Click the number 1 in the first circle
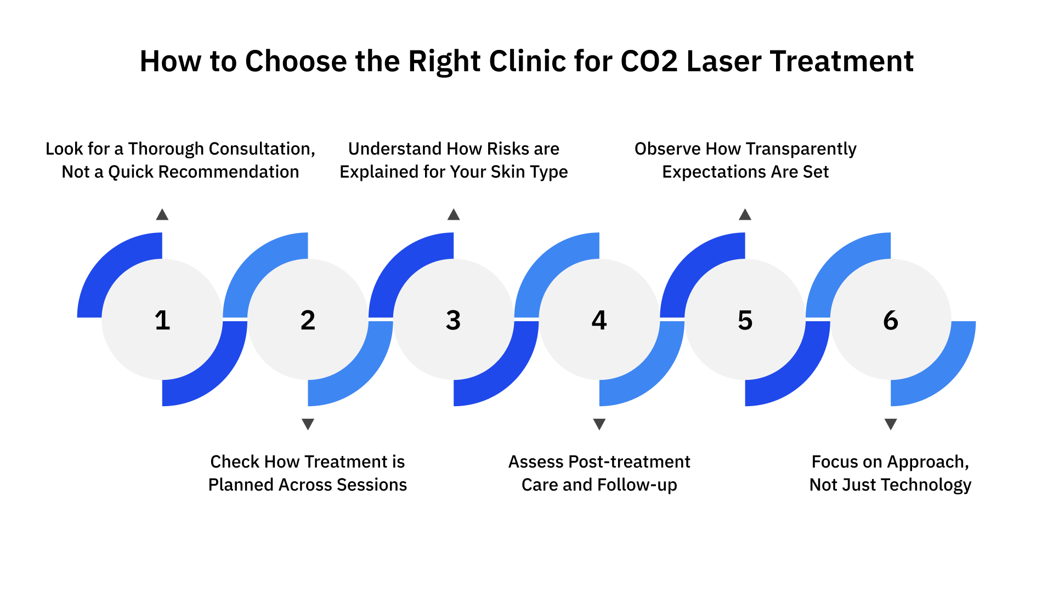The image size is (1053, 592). (162, 320)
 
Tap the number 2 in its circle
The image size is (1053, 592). (308, 320)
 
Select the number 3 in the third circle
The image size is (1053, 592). (453, 320)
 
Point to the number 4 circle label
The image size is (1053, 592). (599, 320)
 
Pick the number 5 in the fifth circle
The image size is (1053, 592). (745, 320)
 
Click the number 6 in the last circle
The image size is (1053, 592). (891, 320)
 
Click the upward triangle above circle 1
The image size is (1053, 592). (162, 215)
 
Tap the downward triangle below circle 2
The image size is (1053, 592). (308, 424)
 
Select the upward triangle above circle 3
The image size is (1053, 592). (454, 215)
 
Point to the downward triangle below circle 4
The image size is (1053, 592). (599, 424)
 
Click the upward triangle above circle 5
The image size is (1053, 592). (745, 215)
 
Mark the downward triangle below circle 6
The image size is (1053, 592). (891, 424)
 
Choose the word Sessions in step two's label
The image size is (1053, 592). (371, 485)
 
